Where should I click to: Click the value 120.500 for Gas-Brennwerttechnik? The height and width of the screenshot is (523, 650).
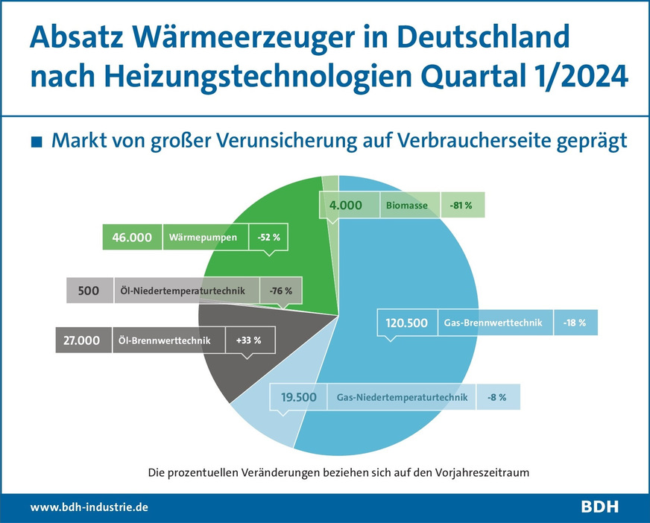406,323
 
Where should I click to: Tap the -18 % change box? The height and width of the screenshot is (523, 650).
575,323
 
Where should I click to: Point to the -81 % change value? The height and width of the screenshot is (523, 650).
462,204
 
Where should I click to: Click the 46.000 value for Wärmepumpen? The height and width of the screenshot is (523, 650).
132,238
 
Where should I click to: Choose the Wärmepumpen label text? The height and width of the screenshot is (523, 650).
203,238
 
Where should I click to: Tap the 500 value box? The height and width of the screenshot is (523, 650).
89,291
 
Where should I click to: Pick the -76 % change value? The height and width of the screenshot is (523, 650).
280,291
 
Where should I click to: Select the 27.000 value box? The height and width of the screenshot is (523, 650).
82,340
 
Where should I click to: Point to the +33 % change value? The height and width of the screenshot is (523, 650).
248,340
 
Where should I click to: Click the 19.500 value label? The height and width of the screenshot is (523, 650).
299,397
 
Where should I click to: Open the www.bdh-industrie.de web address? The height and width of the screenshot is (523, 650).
89,507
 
